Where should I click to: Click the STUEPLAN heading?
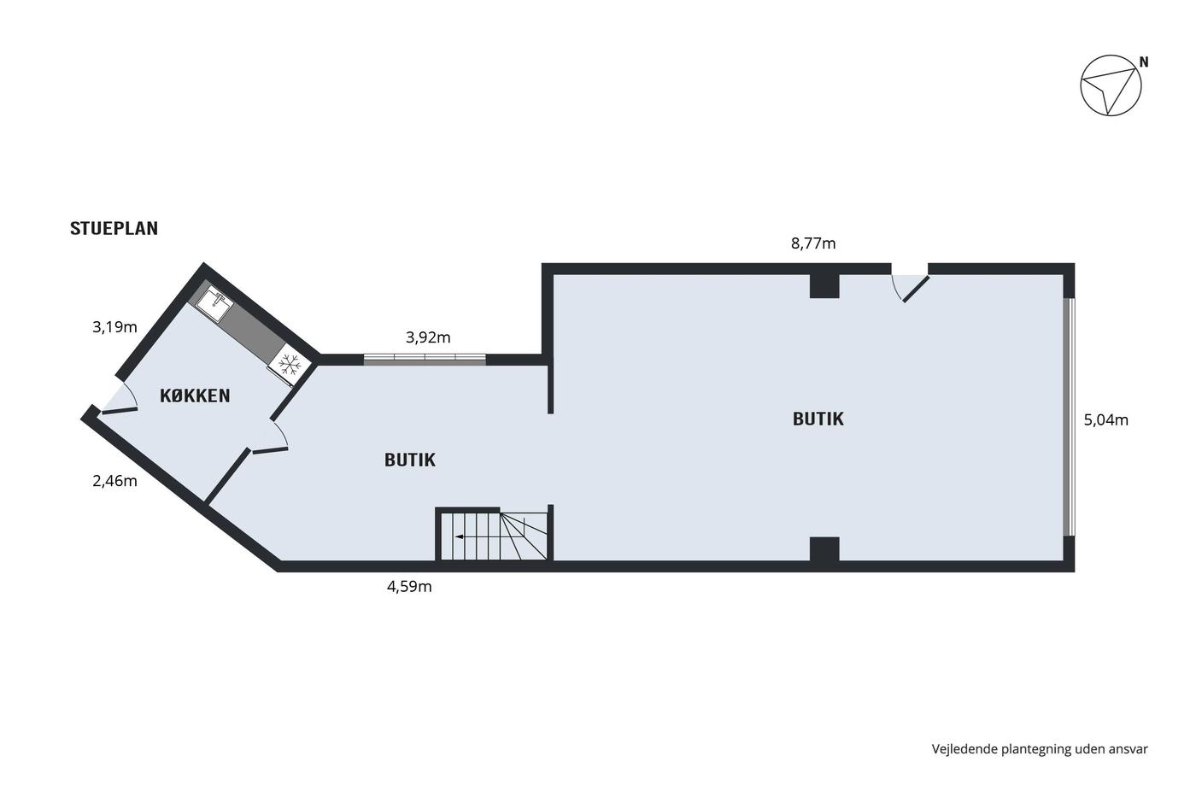click(x=114, y=228)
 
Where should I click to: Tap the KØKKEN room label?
click(x=195, y=396)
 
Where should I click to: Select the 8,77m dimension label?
click(x=813, y=244)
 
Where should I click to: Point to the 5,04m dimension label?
click(x=1105, y=420)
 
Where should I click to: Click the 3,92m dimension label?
click(x=428, y=337)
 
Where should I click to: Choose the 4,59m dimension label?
click(x=409, y=587)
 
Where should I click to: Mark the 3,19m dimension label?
click(x=114, y=326)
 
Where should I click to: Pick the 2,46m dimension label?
click(x=114, y=481)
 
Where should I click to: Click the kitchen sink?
click(x=214, y=304)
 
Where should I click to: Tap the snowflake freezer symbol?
click(x=290, y=364)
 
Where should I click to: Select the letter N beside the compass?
click(x=1144, y=62)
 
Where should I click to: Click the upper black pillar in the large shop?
click(x=824, y=286)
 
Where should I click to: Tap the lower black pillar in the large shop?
click(x=824, y=548)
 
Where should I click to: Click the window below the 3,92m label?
click(x=425, y=360)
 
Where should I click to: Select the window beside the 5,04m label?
click(x=1069, y=416)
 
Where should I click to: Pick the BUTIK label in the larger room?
click(x=818, y=419)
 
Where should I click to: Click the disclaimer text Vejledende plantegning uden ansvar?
click(x=1040, y=749)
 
